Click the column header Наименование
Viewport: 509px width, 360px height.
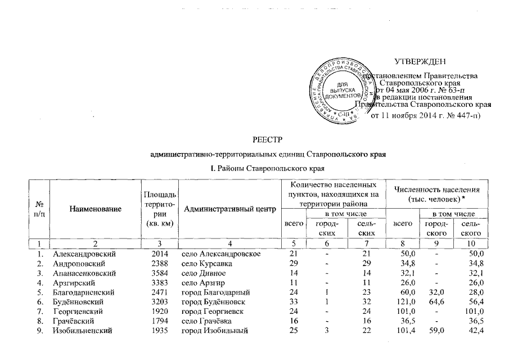[x=95, y=209]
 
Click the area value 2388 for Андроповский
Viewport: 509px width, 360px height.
[x=160, y=264]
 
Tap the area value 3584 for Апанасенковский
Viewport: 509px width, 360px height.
[x=160, y=273]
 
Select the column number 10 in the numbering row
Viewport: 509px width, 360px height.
[x=471, y=244]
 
